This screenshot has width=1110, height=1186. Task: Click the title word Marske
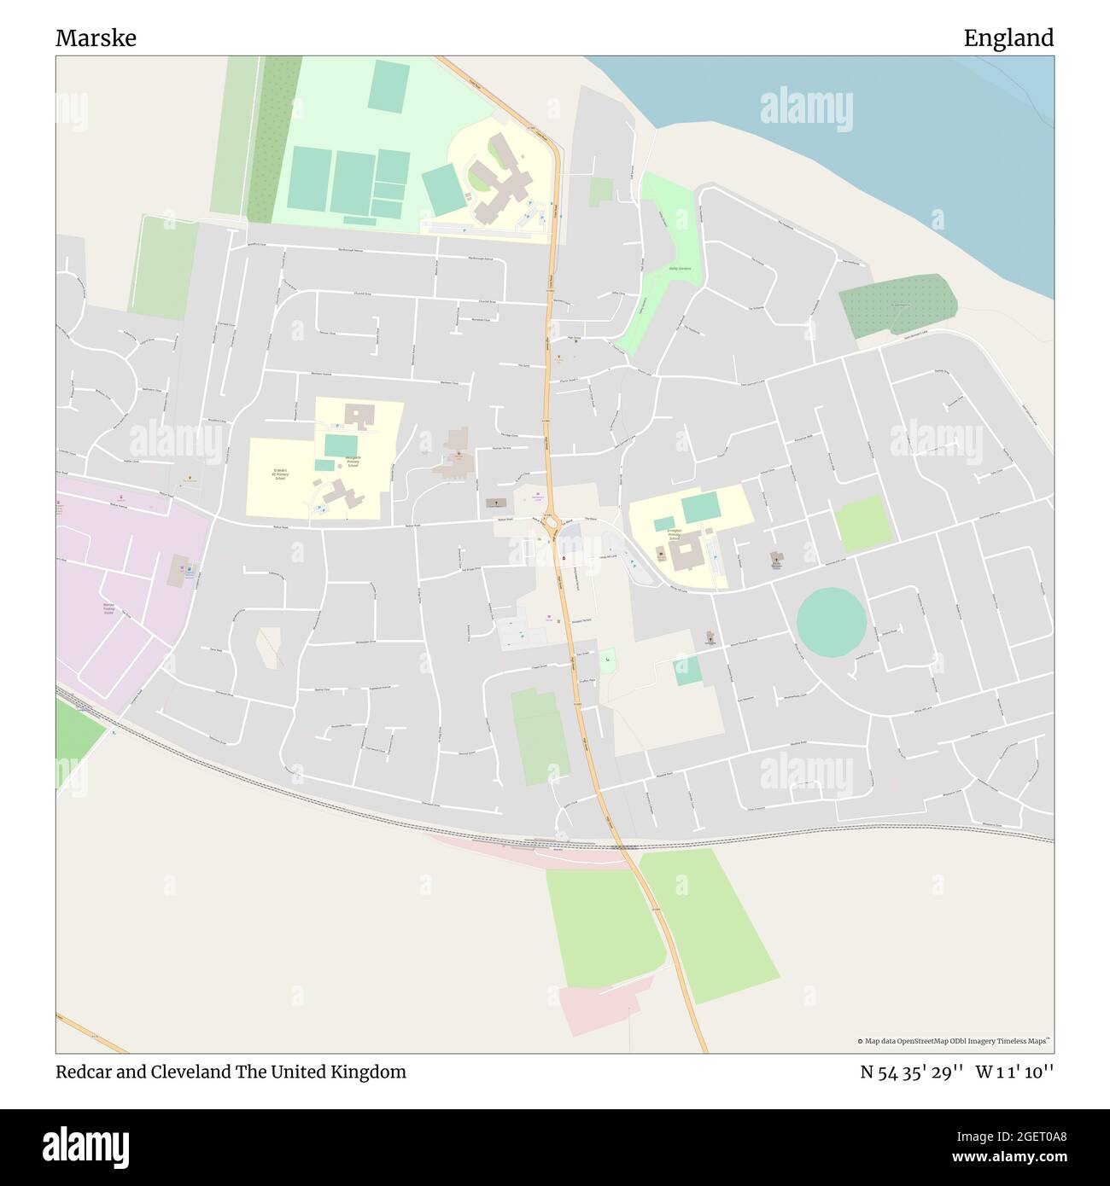click(x=96, y=38)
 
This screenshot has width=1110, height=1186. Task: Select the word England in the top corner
click(x=1008, y=38)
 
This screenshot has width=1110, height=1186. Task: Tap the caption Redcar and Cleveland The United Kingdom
click(x=231, y=1072)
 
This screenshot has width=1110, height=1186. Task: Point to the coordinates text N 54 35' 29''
click(x=912, y=1072)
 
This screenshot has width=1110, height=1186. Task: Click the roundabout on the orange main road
click(x=551, y=522)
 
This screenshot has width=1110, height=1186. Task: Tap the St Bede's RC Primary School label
click(x=281, y=475)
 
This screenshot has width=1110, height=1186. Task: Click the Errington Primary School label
click(x=675, y=535)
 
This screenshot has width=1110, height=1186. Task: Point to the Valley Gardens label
click(x=680, y=269)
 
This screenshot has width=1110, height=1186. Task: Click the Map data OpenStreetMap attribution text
click(x=954, y=1041)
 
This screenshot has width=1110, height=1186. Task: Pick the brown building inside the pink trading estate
click(x=178, y=571)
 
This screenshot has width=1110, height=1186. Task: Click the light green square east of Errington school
click(x=863, y=524)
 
